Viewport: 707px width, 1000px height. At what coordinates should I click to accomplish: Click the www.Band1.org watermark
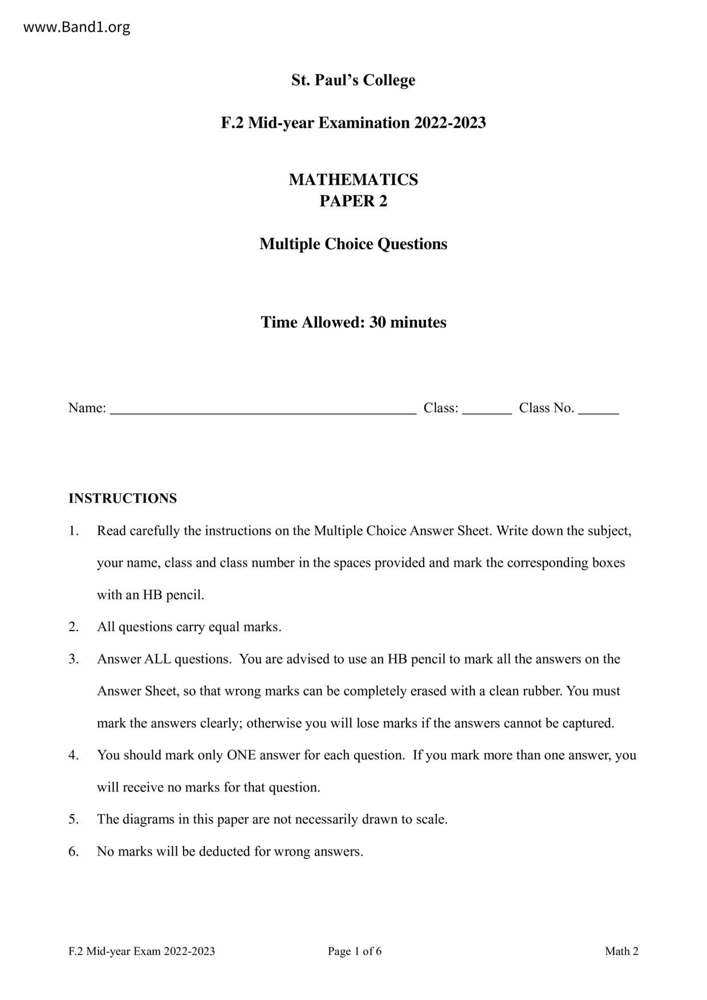click(x=76, y=27)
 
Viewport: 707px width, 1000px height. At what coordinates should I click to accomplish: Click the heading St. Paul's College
click(x=353, y=80)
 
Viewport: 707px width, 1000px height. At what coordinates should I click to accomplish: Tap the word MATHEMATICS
click(x=353, y=180)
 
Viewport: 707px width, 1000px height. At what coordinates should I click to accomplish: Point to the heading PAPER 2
click(x=353, y=201)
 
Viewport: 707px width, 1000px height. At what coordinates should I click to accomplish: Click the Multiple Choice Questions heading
click(x=353, y=244)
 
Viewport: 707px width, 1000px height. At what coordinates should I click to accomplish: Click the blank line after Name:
click(x=263, y=409)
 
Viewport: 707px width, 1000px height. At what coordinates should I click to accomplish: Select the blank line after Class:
click(x=487, y=409)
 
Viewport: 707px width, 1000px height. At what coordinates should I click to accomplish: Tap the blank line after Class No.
click(x=598, y=409)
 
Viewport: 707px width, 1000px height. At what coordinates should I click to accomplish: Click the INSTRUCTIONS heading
click(x=123, y=498)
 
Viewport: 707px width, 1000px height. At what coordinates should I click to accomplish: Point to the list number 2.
click(x=74, y=627)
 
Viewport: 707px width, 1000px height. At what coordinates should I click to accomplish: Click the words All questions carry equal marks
click(x=189, y=627)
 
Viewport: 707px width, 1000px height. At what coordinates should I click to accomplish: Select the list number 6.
click(x=74, y=852)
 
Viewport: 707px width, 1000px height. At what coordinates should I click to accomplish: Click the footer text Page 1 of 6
click(x=354, y=951)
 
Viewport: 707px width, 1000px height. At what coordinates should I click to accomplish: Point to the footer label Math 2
click(x=621, y=951)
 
